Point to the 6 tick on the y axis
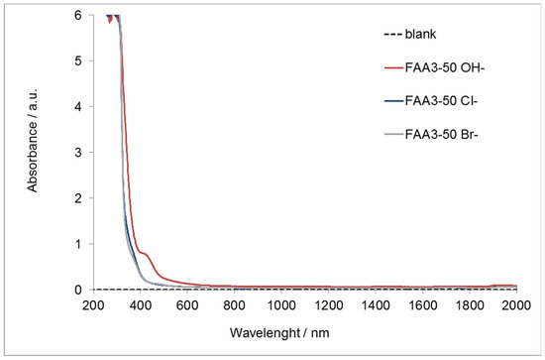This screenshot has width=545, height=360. (x=78, y=16)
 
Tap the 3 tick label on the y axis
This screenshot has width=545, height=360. (x=78, y=153)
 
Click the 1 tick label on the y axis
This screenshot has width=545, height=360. (x=78, y=244)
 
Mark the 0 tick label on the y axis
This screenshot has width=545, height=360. (x=78, y=290)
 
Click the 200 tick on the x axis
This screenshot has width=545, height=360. (x=94, y=304)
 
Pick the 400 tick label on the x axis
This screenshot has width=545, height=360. (x=141, y=304)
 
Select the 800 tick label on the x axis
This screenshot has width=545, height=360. (x=235, y=304)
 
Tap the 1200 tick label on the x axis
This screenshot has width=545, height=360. (x=329, y=304)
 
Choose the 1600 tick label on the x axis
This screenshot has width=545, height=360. (x=423, y=304)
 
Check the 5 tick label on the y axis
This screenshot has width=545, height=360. (x=78, y=61)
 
